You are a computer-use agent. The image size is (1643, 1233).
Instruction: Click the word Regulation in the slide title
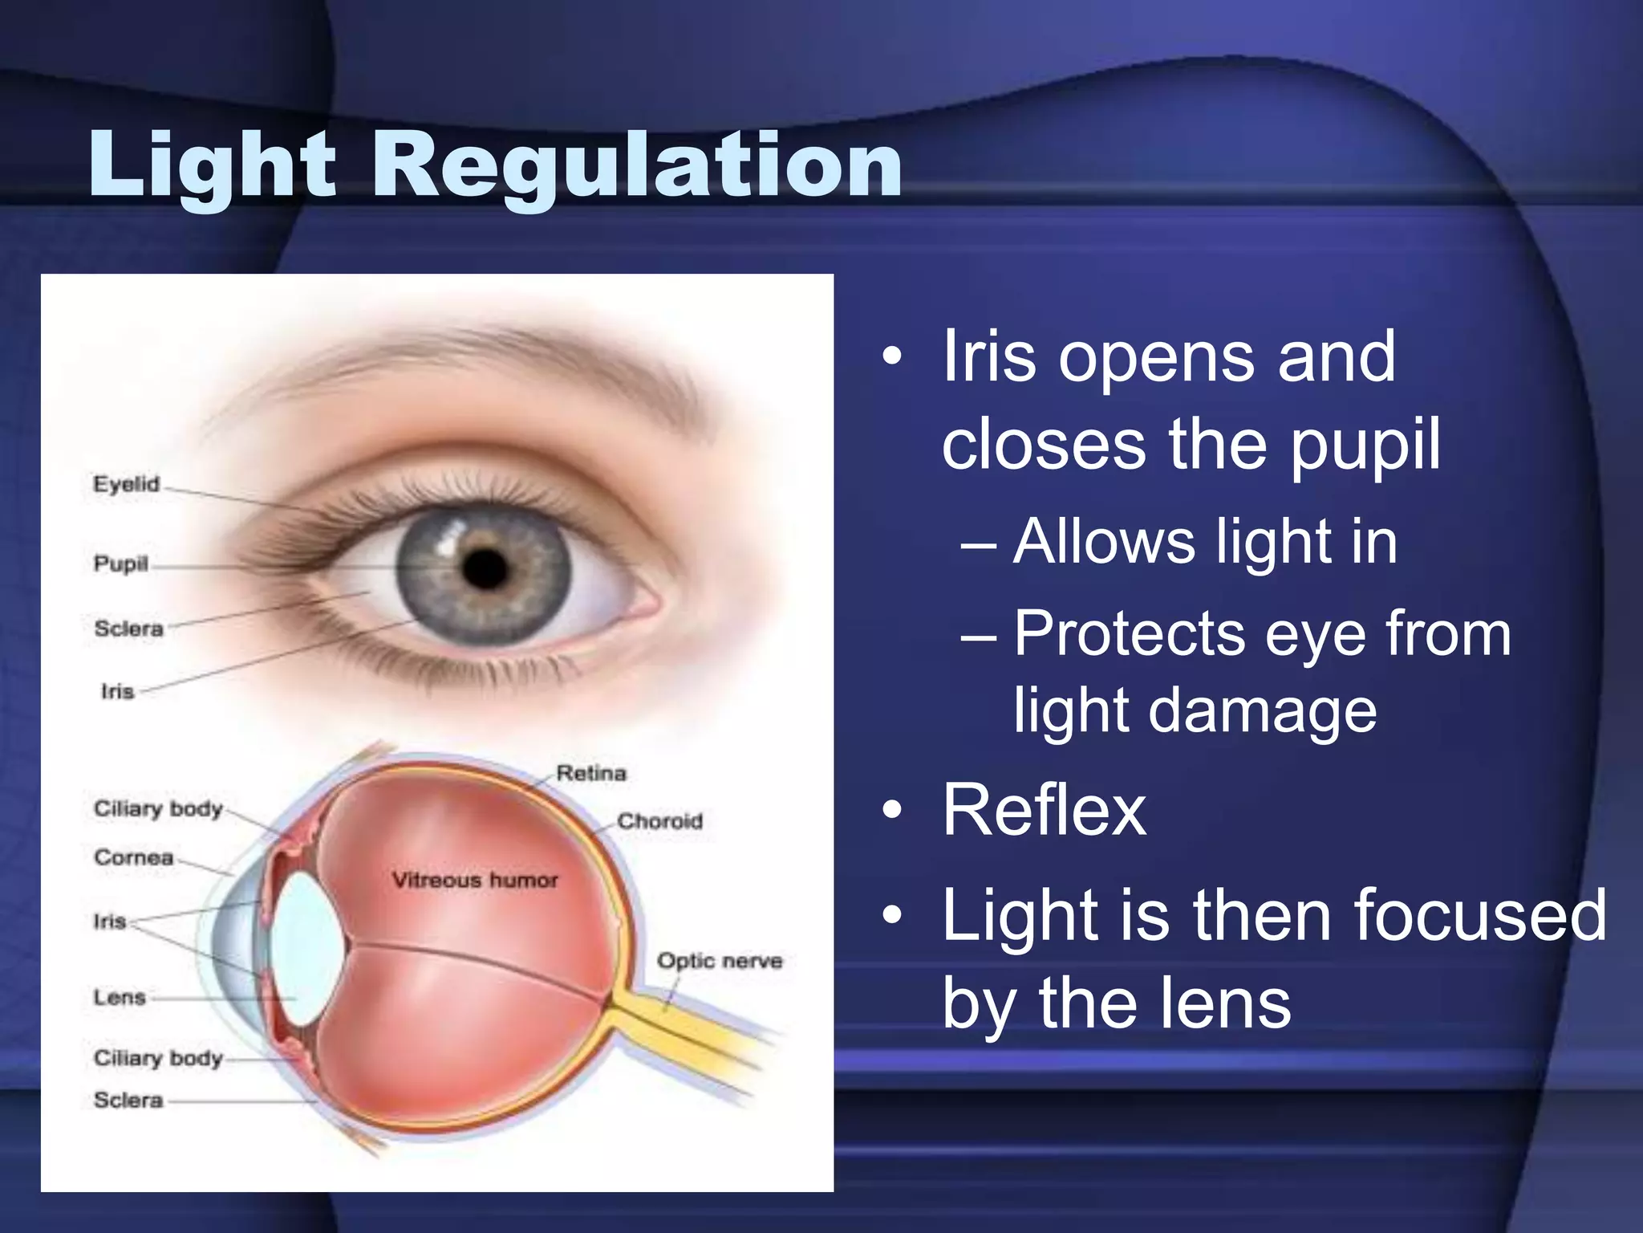click(x=637, y=165)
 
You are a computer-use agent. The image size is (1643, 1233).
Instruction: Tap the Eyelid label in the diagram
click(x=127, y=484)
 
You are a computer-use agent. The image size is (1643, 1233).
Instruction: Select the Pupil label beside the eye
click(x=121, y=564)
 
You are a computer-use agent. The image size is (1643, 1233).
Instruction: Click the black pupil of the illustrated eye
click(x=485, y=568)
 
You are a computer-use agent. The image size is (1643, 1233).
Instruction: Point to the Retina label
click(x=591, y=773)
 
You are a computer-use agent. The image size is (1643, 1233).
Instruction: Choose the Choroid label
click(x=659, y=821)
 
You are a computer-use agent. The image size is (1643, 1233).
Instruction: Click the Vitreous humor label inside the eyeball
click(x=475, y=881)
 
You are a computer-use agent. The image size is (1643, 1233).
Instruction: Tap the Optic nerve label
click(x=719, y=961)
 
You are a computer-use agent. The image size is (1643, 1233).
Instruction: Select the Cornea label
click(x=134, y=857)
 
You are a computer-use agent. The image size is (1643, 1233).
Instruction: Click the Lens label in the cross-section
click(x=120, y=997)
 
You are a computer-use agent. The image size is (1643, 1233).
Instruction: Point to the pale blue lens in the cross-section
click(x=305, y=947)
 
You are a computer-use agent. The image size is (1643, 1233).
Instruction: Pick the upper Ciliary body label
click(x=158, y=808)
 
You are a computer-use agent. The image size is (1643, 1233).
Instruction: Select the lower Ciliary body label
click(x=158, y=1058)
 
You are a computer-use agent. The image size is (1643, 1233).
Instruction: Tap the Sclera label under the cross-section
click(x=128, y=1100)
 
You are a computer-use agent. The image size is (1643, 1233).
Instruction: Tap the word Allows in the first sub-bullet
click(x=1104, y=543)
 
